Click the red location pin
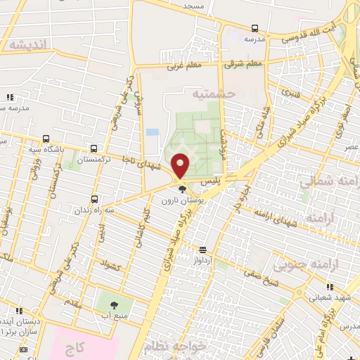(x=181, y=165)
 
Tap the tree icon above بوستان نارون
(x=183, y=188)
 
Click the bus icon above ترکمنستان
(x=94, y=149)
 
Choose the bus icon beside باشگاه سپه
(x=46, y=139)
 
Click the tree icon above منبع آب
(x=114, y=305)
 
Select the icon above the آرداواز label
(x=202, y=250)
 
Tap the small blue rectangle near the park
(x=152, y=132)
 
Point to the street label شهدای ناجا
(x=141, y=160)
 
